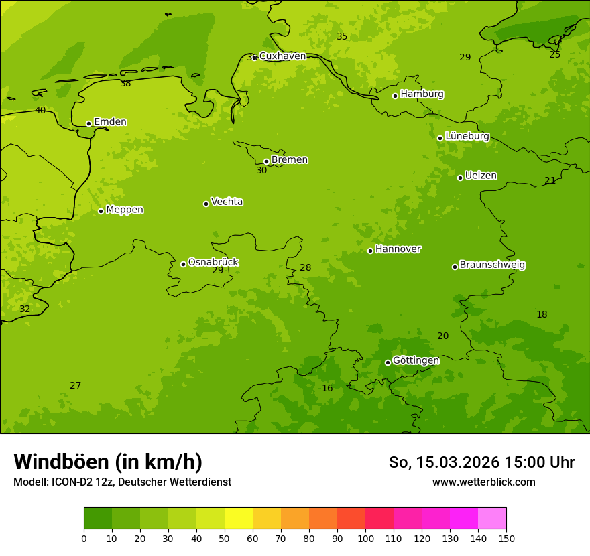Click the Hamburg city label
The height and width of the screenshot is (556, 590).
422,94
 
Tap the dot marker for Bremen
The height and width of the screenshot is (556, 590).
266,161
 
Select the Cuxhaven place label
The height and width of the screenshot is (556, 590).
282,56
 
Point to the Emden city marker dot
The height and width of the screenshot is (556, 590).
88,123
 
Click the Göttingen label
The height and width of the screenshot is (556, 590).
416,361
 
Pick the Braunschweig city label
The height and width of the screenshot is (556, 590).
492,265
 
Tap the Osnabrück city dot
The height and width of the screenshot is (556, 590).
183,264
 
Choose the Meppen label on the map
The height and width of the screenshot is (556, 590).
125,210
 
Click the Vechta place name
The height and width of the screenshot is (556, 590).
227,202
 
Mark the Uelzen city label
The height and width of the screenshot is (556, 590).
481,176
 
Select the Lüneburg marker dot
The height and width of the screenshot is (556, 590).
440,138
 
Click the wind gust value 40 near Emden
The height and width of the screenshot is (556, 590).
40,111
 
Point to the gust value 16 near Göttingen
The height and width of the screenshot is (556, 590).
327,389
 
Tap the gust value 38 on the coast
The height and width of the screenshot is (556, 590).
125,84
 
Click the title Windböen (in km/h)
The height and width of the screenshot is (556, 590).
108,462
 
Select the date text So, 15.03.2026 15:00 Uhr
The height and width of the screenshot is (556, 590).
481,462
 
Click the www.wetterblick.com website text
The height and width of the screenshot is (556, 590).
483,482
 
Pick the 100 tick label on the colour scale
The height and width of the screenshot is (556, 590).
365,538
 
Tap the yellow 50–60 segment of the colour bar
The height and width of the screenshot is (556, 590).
239,518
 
